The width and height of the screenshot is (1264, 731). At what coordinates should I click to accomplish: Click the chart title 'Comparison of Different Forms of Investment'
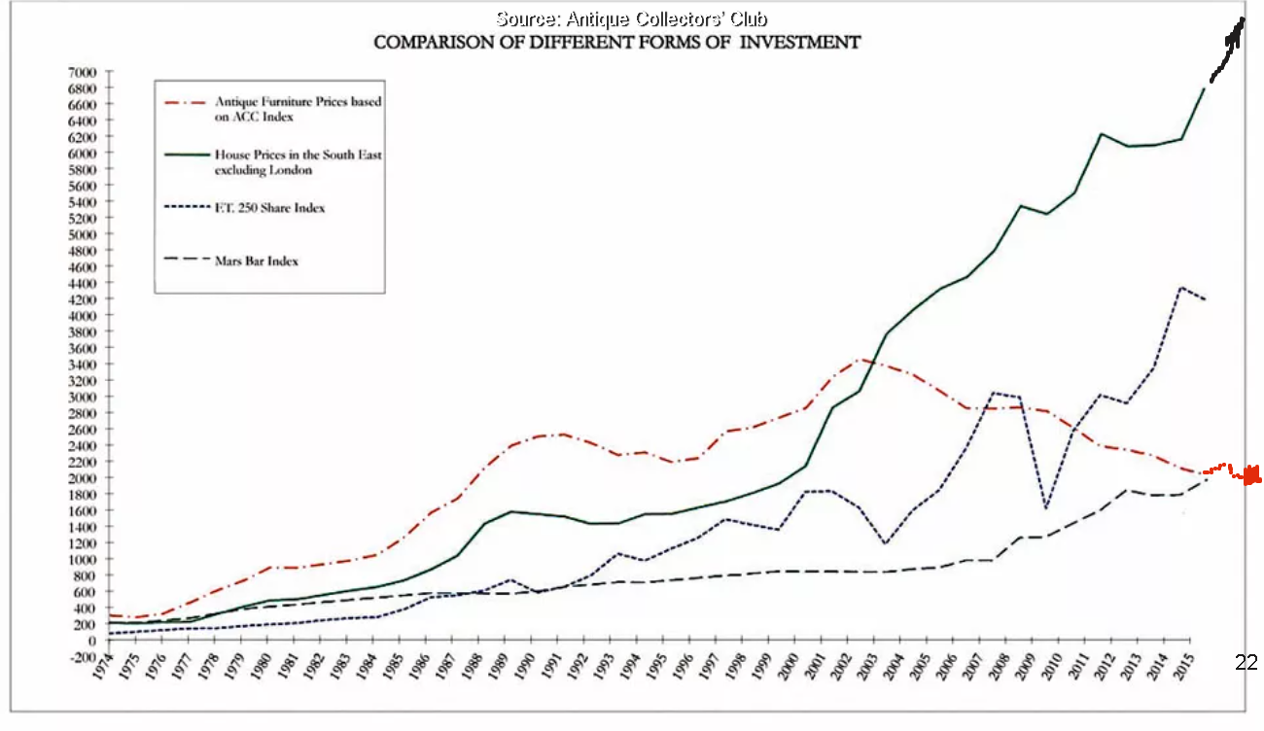[x=616, y=42]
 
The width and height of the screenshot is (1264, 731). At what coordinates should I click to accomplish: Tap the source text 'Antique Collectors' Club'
[x=638, y=18]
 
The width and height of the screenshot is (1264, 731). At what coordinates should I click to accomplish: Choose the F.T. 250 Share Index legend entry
[x=268, y=208]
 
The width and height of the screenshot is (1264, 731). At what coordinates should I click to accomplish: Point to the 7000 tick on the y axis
[x=83, y=72]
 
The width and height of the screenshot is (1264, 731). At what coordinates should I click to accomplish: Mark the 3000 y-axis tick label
[x=83, y=397]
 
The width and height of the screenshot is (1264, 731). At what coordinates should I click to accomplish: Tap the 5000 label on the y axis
[x=83, y=234]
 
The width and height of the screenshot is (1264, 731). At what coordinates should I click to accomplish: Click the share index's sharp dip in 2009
[x=1044, y=508]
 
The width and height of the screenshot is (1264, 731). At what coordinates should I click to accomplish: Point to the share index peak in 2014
[x=1180, y=288]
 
